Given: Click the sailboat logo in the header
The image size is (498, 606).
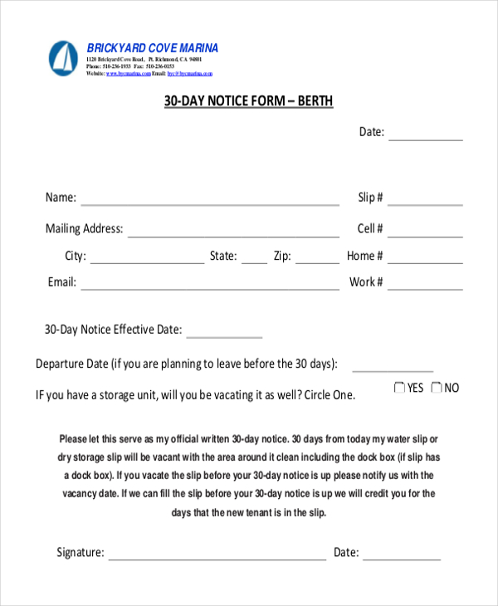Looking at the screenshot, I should pyautogui.click(x=63, y=58).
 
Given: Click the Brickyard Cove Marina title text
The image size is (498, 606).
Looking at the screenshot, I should pyautogui.click(x=153, y=48).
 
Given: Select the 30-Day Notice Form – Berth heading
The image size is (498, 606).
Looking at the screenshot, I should pyautogui.click(x=248, y=101).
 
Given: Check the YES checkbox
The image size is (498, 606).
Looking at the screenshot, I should pyautogui.click(x=399, y=388).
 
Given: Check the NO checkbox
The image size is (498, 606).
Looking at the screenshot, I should pyautogui.click(x=437, y=388).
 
